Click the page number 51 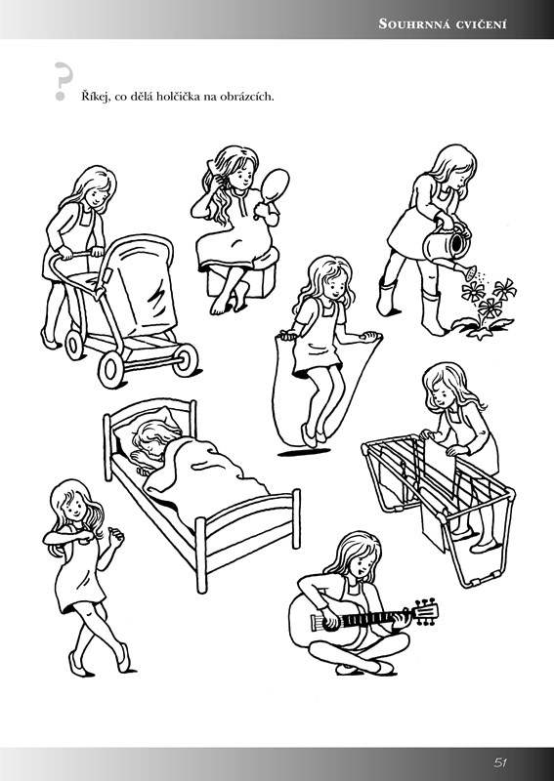tap(500, 762)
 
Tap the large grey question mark tap(63, 81)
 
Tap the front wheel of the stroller tap(111, 369)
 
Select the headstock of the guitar tap(426, 612)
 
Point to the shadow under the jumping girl tap(304, 452)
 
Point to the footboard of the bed tap(248, 538)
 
